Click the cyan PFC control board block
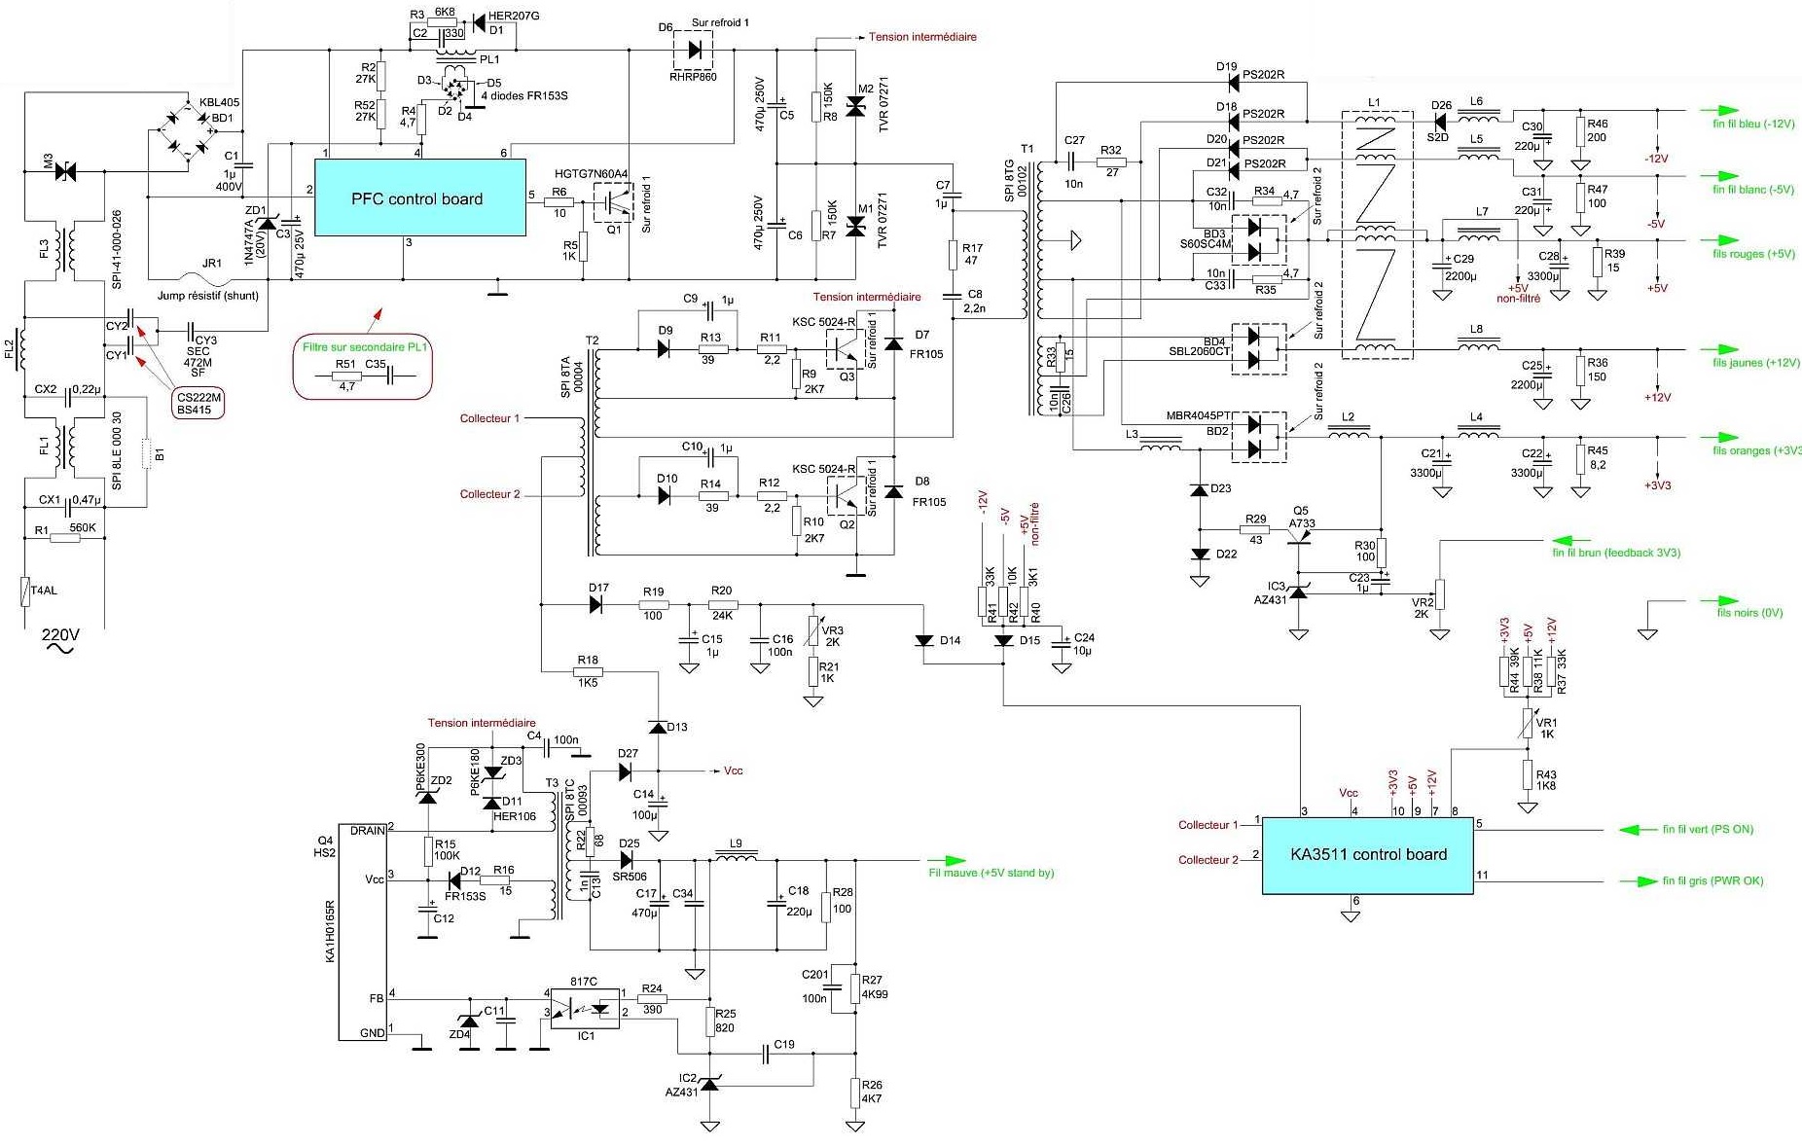click(x=419, y=198)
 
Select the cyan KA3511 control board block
click(x=1367, y=855)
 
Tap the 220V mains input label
click(x=60, y=635)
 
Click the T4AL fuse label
click(x=44, y=591)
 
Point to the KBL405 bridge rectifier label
click(x=219, y=102)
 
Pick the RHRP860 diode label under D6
click(x=693, y=77)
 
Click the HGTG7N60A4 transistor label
click(x=591, y=174)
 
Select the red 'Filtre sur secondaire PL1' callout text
click(x=365, y=347)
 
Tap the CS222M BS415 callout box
click(x=198, y=404)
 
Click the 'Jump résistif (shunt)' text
click(x=208, y=296)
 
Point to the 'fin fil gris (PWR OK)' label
click(x=1712, y=881)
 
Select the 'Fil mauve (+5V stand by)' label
click(x=991, y=873)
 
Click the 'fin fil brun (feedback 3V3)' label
click(x=1616, y=553)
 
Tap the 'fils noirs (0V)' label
click(x=1749, y=613)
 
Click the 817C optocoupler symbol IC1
click(x=585, y=1009)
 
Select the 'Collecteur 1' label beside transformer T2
click(x=489, y=418)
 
